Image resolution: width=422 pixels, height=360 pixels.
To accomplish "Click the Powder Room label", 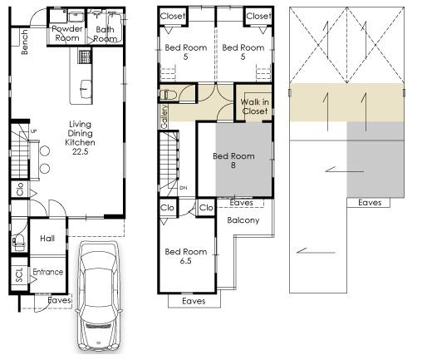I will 66,33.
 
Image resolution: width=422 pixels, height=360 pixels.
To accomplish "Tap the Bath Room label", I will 105,33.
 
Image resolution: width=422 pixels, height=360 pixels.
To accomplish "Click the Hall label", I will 47,239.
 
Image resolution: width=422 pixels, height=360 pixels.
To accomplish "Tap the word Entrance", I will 47,272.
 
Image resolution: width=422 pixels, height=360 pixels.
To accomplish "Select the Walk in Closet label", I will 254,106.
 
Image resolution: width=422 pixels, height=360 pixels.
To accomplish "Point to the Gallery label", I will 164,115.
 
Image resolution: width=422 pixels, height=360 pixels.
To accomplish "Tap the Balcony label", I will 243,220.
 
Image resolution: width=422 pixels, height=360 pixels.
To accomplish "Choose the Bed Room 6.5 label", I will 185,256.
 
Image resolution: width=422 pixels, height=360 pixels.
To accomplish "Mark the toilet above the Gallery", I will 166,94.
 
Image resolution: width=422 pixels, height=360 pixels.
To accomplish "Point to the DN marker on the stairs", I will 184,187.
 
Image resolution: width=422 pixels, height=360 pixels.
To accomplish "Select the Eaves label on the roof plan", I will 370,202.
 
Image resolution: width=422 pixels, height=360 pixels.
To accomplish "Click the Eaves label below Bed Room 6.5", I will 193,301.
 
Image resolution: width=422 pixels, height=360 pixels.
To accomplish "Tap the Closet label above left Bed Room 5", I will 172,16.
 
